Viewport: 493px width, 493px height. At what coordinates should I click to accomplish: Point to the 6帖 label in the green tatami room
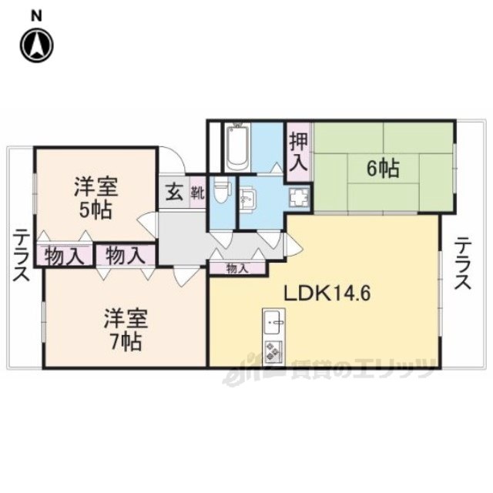(382, 168)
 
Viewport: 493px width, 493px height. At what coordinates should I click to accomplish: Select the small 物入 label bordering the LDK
(238, 269)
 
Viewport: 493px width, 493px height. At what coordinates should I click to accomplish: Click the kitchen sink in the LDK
(274, 320)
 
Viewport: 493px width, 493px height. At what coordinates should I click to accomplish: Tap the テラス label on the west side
(21, 254)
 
